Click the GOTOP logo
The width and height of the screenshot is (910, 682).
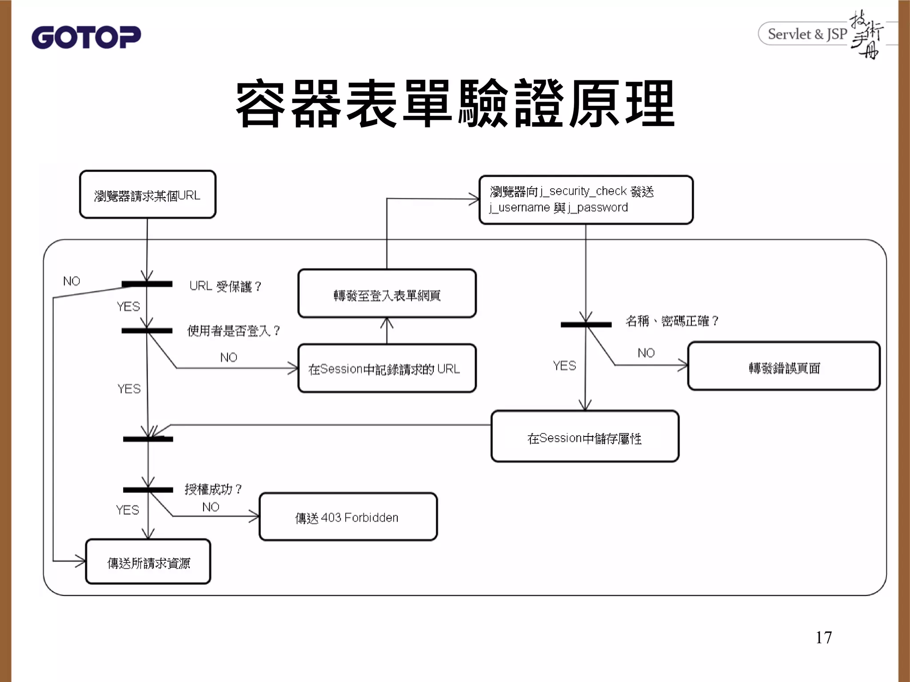coord(86,37)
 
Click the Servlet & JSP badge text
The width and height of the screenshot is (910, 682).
coord(807,34)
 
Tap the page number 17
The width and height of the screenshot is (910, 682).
coord(823,638)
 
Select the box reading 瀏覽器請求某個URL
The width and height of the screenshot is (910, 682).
coord(148,195)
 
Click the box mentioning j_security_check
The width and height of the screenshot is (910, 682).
coord(586,200)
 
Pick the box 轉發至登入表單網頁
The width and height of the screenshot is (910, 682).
coord(387,293)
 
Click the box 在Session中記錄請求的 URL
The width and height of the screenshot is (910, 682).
coord(387,369)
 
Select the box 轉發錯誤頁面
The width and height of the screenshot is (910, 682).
coord(784,366)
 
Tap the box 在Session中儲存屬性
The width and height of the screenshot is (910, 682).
coord(585,437)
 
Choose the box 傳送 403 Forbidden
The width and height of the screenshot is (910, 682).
coord(348,517)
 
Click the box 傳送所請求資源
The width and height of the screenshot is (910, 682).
coord(148,562)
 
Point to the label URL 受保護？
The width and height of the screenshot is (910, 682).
coord(225,286)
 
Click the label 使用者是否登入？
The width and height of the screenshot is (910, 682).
coord(234,331)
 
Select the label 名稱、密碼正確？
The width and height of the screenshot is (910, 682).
coord(672,321)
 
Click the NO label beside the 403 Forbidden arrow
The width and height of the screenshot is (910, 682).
coord(211,507)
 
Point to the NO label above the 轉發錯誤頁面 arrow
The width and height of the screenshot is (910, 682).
coord(646,353)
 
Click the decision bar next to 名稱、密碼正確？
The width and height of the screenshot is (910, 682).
coord(586,325)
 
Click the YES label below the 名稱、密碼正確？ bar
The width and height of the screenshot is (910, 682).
coord(564,366)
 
